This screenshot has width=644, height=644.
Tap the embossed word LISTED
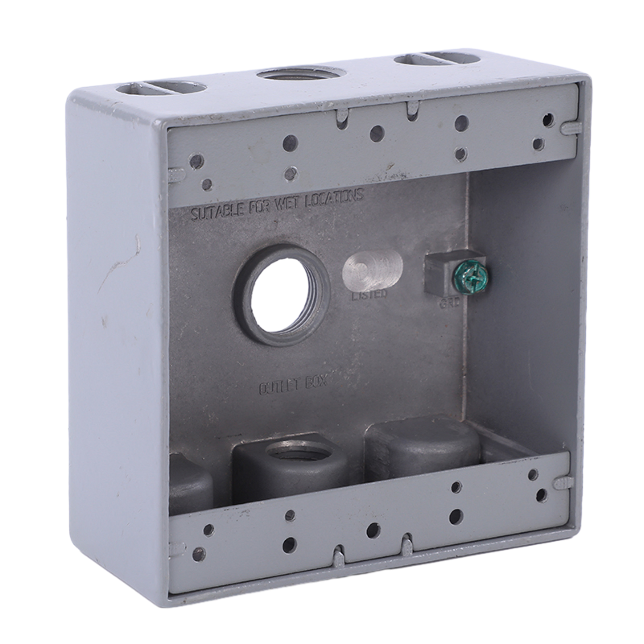pos(369,295)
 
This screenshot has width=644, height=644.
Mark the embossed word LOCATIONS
pos(331,196)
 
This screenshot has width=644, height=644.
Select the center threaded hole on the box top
pos(295,77)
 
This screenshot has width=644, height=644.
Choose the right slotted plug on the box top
pos(433,60)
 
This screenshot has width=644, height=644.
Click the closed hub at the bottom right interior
pos(423,443)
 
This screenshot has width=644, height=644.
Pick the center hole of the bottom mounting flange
pos(372,530)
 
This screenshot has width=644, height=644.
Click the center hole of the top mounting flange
pos(376,134)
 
